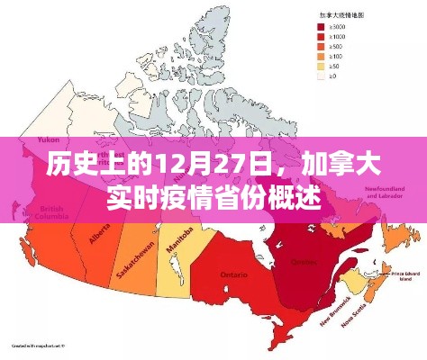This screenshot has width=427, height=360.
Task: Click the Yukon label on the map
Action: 48,140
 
